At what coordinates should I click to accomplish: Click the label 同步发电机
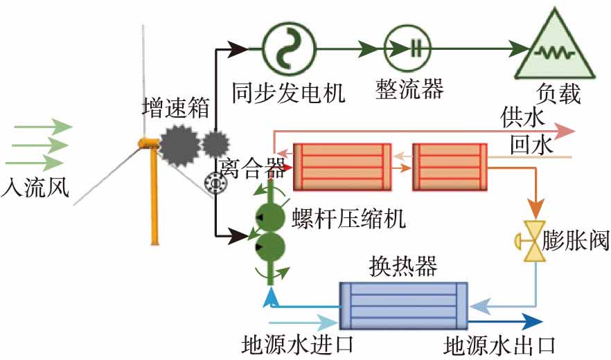[288, 91]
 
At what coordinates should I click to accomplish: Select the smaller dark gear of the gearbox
[215, 144]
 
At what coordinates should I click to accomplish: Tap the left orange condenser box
[342, 166]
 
